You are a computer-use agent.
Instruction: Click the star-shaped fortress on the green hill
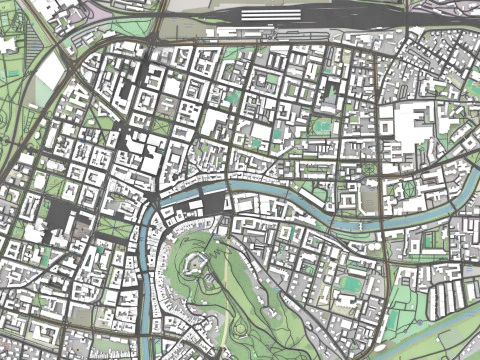click(x=206, y=268)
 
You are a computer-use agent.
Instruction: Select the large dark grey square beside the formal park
click(x=65, y=215)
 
